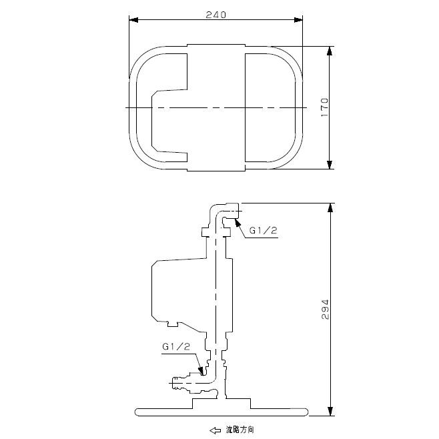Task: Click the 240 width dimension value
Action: point(215,15)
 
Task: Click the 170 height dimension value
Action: point(324,107)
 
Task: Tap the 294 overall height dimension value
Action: point(326,310)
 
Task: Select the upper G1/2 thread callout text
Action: point(263,230)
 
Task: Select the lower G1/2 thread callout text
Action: point(176,347)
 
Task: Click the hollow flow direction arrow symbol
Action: point(215,430)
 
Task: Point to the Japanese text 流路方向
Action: point(240,430)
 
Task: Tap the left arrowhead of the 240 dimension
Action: point(133,20)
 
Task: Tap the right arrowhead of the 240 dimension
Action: point(298,20)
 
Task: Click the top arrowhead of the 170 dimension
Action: point(330,51)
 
